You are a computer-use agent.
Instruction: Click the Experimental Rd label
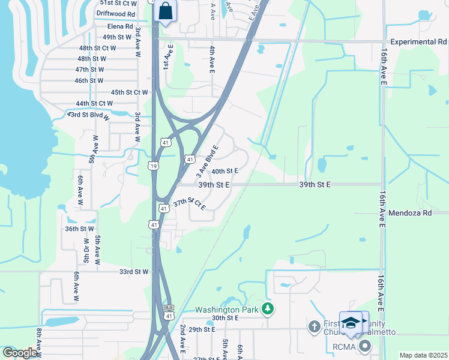418,42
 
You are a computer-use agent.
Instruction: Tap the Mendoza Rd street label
410,213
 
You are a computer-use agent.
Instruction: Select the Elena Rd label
120,27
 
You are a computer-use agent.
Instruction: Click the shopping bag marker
164,11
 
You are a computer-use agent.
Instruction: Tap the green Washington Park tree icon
268,310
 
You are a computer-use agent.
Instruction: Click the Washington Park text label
226,310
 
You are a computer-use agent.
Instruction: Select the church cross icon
313,327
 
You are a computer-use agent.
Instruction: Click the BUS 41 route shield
169,312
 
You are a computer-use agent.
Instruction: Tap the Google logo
20,353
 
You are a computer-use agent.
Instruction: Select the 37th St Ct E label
189,204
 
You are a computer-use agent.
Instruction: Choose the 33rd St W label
133,272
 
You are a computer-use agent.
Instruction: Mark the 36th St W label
80,229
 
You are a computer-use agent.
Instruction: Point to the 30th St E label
225,318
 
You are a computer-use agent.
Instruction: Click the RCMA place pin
363,346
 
